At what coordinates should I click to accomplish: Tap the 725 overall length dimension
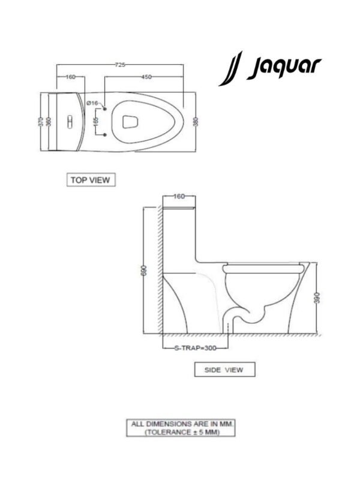click(119, 65)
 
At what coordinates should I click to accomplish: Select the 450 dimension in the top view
click(146, 77)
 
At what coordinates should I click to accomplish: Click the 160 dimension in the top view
click(70, 77)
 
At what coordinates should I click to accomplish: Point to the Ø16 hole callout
click(92, 103)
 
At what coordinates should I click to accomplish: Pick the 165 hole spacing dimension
click(96, 122)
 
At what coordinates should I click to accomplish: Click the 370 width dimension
click(41, 122)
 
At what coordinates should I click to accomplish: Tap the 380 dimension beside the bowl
click(196, 122)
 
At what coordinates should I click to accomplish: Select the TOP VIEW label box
click(91, 179)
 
